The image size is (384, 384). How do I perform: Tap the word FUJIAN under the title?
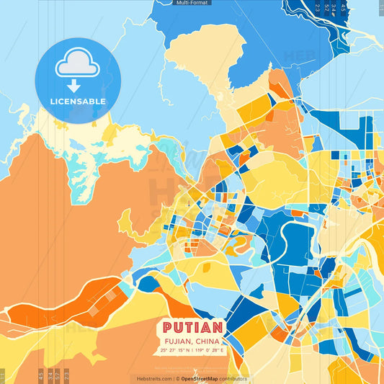[176, 342]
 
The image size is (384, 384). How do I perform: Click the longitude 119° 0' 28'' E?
[207, 350]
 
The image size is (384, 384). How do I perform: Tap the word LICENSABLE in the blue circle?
[78, 102]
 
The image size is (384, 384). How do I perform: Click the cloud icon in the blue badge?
[78, 66]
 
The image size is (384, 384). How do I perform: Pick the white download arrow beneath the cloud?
[73, 86]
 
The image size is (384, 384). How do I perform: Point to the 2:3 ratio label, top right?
[318, 8]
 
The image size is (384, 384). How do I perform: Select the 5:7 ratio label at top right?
[326, 8]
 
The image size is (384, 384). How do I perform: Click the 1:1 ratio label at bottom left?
[3, 375]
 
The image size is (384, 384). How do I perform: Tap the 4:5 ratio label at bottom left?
[41, 375]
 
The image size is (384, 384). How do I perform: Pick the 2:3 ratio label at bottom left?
[67, 375]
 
